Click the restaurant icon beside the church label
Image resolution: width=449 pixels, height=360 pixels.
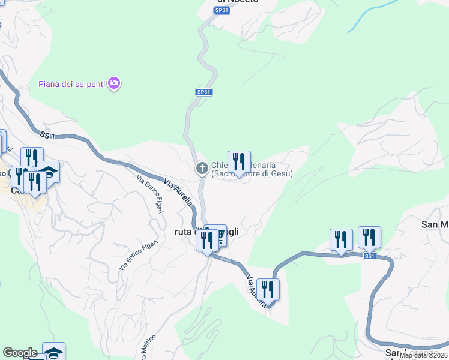click(x=239, y=162)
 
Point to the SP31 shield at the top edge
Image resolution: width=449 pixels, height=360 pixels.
click(x=222, y=11)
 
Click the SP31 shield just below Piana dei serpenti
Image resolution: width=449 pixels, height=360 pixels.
click(x=204, y=92)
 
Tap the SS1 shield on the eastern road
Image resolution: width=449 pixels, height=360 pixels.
click(x=369, y=256)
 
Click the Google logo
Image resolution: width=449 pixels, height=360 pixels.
click(x=20, y=353)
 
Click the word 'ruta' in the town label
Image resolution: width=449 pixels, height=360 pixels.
click(x=182, y=232)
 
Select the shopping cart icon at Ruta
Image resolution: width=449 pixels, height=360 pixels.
click(x=219, y=236)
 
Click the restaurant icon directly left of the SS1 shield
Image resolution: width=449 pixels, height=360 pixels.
click(x=341, y=240)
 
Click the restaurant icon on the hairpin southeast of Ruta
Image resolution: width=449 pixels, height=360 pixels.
click(x=268, y=290)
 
